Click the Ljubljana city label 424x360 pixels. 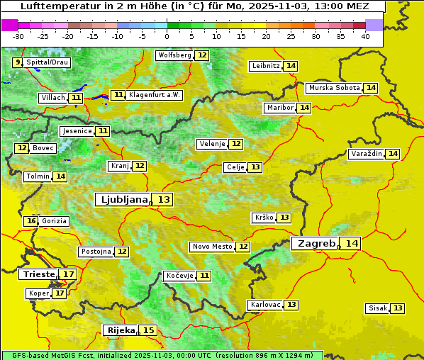122,200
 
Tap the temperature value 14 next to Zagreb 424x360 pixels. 352,244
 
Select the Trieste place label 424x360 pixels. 38,274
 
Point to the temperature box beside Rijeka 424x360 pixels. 148,330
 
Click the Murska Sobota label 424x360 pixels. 333,88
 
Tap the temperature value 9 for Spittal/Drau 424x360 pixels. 18,62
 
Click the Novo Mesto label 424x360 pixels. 212,247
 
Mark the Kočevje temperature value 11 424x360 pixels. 204,276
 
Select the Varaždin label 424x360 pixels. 366,154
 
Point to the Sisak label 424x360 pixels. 377,308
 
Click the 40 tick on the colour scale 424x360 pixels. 365,36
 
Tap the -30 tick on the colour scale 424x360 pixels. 18,36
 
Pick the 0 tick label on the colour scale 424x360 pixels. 167,36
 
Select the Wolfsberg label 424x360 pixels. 174,55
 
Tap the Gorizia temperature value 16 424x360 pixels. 30,221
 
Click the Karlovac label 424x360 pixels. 264,305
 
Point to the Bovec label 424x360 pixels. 43,148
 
